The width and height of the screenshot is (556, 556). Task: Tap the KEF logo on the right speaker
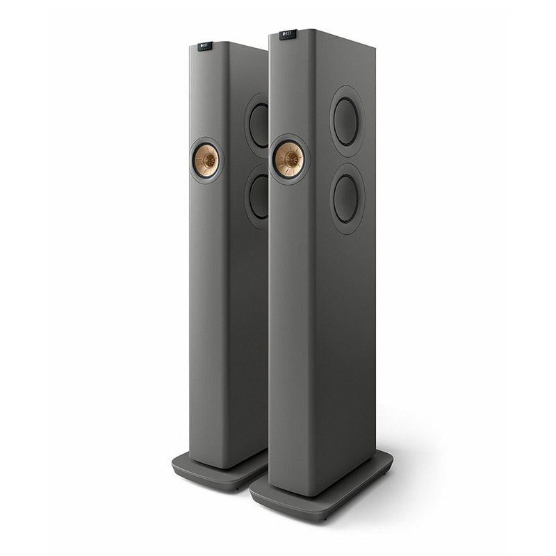tap(287, 34)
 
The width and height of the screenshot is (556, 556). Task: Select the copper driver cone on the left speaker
tap(206, 161)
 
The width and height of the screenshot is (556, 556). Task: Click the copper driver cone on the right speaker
tap(289, 158)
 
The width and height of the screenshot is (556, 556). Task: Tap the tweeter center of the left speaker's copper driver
tap(206, 161)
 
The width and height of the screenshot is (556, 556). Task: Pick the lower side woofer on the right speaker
tap(346, 198)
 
